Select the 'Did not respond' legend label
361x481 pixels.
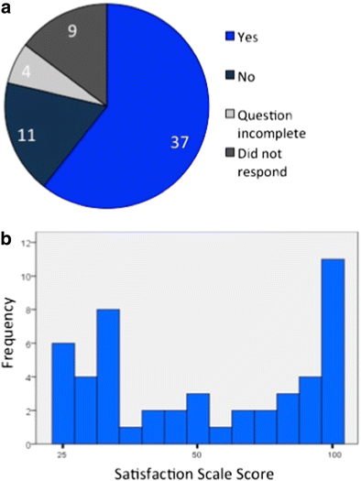click(264, 161)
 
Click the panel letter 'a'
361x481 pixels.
click(8, 9)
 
